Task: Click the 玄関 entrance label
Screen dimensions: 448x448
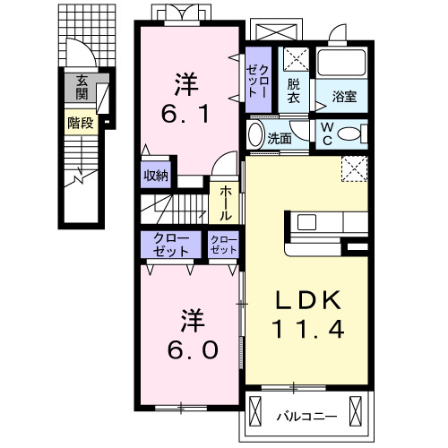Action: tap(82, 87)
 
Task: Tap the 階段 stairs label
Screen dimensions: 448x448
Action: tap(81, 123)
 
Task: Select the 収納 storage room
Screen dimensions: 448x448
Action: tap(156, 176)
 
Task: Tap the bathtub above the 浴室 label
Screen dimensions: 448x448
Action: tap(341, 63)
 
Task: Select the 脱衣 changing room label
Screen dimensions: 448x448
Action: tap(294, 91)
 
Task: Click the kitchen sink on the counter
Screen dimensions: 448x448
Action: tap(306, 222)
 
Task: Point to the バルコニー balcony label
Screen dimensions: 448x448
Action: tap(306, 416)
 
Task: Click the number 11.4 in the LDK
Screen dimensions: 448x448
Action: tap(308, 329)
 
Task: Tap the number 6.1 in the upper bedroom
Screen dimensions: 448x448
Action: tap(185, 114)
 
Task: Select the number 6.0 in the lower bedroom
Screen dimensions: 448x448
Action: tap(193, 349)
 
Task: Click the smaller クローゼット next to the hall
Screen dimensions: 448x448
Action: tap(223, 245)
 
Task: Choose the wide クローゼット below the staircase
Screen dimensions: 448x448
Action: tap(171, 245)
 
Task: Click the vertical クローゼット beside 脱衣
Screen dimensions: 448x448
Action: tap(258, 80)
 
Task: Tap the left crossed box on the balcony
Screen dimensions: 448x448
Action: tap(255, 411)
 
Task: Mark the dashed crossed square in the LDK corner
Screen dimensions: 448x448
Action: tap(355, 168)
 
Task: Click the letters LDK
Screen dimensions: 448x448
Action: tap(308, 300)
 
